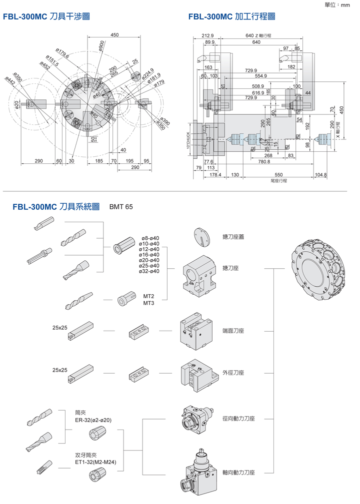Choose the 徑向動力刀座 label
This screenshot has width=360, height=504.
point(238,419)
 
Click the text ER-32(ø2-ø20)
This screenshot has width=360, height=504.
point(93,420)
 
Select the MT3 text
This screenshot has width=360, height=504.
point(148,303)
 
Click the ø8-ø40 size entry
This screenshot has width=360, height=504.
point(150,238)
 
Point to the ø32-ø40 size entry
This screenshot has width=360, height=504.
point(150,271)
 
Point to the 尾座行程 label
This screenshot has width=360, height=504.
point(278,181)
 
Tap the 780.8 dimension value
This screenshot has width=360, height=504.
point(264,161)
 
